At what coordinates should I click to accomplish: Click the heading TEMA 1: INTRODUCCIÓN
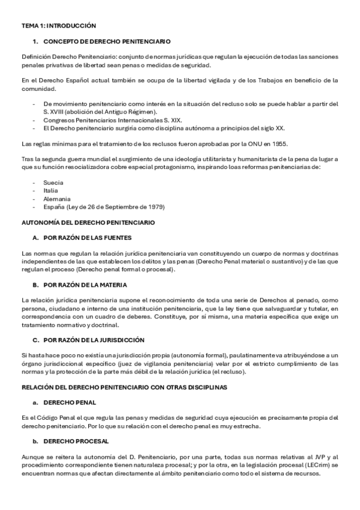[x=58, y=26]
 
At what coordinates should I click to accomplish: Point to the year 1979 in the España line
[x=156, y=207]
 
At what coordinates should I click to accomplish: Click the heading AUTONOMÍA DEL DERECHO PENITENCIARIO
[x=88, y=223]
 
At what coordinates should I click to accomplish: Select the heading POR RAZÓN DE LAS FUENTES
[x=91, y=238]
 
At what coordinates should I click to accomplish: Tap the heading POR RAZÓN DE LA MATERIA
[x=91, y=284]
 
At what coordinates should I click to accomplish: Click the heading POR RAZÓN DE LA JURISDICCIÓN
[x=97, y=340]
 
